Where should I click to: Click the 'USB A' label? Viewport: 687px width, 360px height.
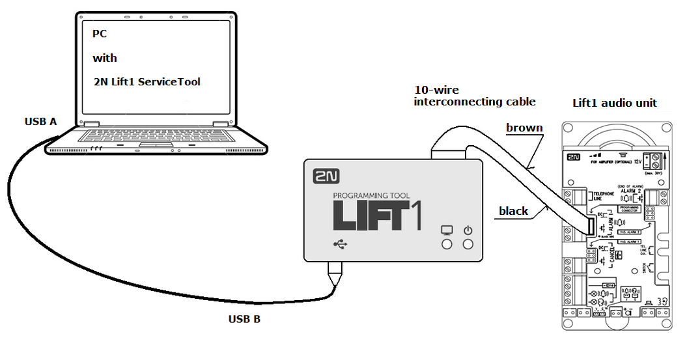(x=40, y=121)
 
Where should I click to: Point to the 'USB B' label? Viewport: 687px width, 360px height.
(x=244, y=319)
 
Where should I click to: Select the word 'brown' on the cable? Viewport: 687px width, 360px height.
(x=524, y=128)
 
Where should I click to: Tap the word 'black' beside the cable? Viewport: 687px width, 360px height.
(x=513, y=210)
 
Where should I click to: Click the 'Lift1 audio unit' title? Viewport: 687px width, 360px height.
(x=615, y=103)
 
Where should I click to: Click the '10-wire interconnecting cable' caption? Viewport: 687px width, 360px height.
(x=475, y=96)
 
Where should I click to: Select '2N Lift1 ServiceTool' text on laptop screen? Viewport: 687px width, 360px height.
(x=147, y=82)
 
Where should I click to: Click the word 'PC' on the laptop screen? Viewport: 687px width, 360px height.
(x=100, y=34)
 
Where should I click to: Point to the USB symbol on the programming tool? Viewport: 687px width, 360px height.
(x=340, y=244)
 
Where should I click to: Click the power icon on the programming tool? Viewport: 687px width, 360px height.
(x=468, y=230)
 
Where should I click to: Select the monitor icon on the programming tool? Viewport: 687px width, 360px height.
(x=447, y=230)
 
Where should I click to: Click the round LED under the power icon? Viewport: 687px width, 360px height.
(x=468, y=244)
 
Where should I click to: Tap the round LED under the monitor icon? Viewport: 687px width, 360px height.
(x=447, y=244)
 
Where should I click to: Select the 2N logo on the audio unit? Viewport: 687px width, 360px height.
(x=573, y=158)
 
